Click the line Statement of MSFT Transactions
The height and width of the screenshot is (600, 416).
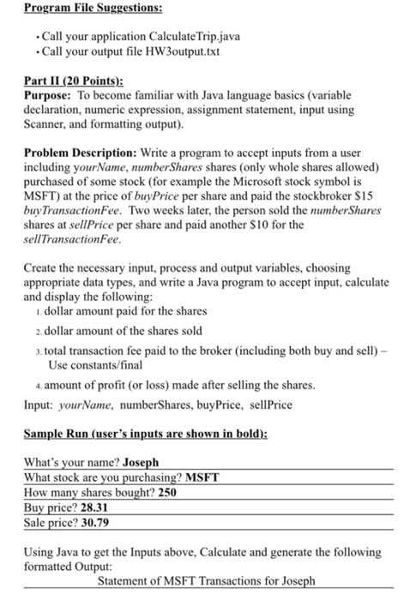(x=207, y=579)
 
